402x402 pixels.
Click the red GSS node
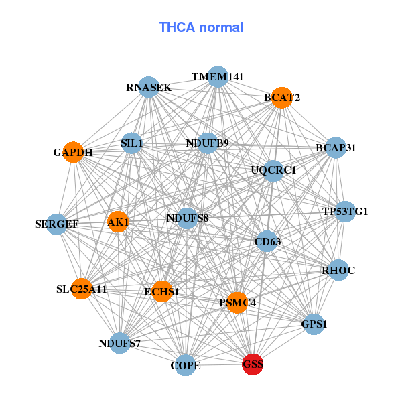click(x=253, y=364)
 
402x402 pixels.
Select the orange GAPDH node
click(x=73, y=152)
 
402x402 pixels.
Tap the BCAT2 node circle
click(x=282, y=98)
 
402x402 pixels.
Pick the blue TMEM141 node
click(x=218, y=77)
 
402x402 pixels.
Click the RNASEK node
click(x=149, y=87)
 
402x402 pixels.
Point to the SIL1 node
click(x=132, y=143)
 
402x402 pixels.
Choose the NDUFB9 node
click(x=208, y=143)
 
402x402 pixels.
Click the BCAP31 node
click(x=336, y=147)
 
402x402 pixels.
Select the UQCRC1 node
click(x=273, y=171)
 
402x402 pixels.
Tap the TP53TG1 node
click(x=345, y=212)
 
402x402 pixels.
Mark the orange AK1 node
click(x=118, y=222)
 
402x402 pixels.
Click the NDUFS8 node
click(x=188, y=218)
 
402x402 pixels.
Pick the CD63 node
click(x=267, y=241)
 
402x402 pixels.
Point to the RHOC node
click(x=338, y=270)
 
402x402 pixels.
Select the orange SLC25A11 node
click(x=81, y=289)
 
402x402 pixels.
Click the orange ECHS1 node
click(x=161, y=291)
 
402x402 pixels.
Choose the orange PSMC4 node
click(x=237, y=303)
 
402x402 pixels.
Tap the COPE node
click(x=186, y=365)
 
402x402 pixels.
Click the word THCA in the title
click(x=177, y=27)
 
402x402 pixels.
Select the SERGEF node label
click(x=57, y=224)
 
